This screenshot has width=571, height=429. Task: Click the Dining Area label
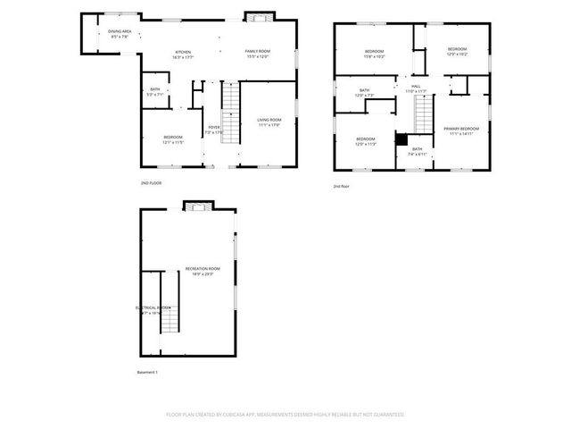[x=120, y=32]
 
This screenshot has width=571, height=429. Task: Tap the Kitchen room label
[x=183, y=52]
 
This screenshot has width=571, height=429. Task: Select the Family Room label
[x=258, y=52]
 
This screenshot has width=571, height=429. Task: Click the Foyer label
[x=214, y=127]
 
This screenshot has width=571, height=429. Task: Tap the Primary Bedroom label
[x=461, y=129]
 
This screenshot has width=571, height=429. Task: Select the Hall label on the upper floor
[x=416, y=86]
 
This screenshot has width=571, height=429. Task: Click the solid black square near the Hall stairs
[x=401, y=139]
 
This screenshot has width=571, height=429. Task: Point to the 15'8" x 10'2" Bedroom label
[x=374, y=52]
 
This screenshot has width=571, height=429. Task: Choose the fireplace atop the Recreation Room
[x=197, y=206]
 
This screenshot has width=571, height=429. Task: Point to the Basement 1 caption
[x=146, y=372]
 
